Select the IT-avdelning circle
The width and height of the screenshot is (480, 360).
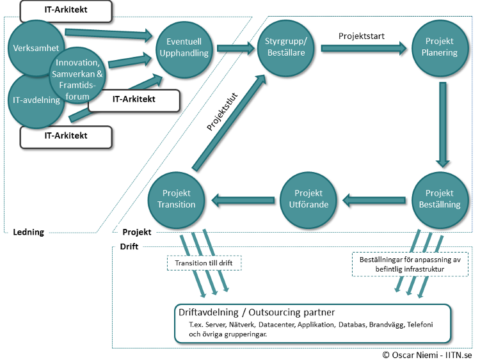click(x=35, y=100)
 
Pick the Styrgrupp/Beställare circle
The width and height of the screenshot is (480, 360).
click(x=285, y=47)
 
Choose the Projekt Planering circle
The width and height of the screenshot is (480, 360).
click(x=439, y=47)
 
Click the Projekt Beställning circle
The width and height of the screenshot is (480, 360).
click(x=439, y=199)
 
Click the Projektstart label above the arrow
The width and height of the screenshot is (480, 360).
click(x=361, y=36)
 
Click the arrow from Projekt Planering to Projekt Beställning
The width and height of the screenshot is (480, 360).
click(x=440, y=124)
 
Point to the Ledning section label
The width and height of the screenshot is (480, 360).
click(x=28, y=232)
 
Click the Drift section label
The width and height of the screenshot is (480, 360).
click(x=130, y=246)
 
